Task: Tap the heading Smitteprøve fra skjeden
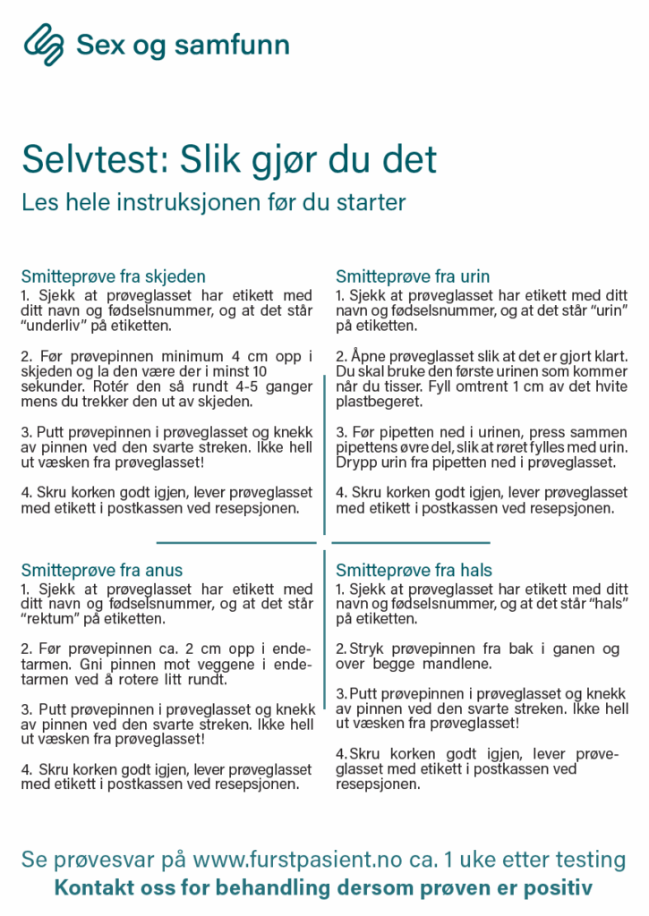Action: pos(114,276)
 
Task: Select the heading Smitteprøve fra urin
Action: pos(413,276)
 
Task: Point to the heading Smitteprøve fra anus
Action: pos(102,570)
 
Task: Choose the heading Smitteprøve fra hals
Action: pos(414,570)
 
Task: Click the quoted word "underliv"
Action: pos(55,325)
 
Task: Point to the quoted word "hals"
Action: pos(605,605)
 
